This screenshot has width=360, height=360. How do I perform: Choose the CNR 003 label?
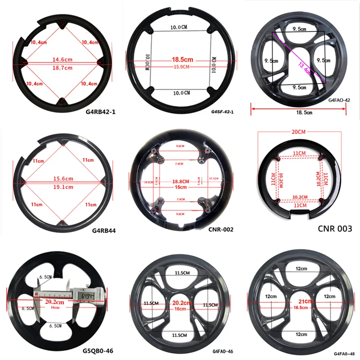(x=334, y=229)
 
